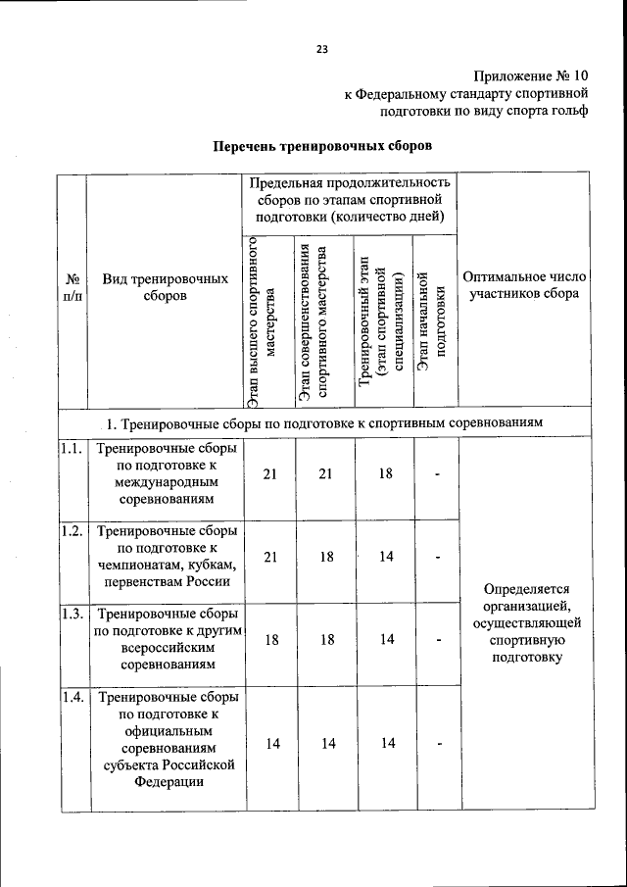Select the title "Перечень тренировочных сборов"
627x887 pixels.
(x=323, y=146)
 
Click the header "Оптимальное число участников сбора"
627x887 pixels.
(x=523, y=285)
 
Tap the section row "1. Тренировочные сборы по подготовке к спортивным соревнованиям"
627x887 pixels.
(x=323, y=421)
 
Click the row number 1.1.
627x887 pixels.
(x=71, y=449)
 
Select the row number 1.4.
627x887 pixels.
(x=71, y=698)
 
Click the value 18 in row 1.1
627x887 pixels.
(x=386, y=473)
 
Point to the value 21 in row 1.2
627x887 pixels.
(x=271, y=557)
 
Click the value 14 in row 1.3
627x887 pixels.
(x=386, y=639)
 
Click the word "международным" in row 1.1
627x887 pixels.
(x=165, y=482)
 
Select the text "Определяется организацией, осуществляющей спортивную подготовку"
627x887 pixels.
(x=526, y=622)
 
